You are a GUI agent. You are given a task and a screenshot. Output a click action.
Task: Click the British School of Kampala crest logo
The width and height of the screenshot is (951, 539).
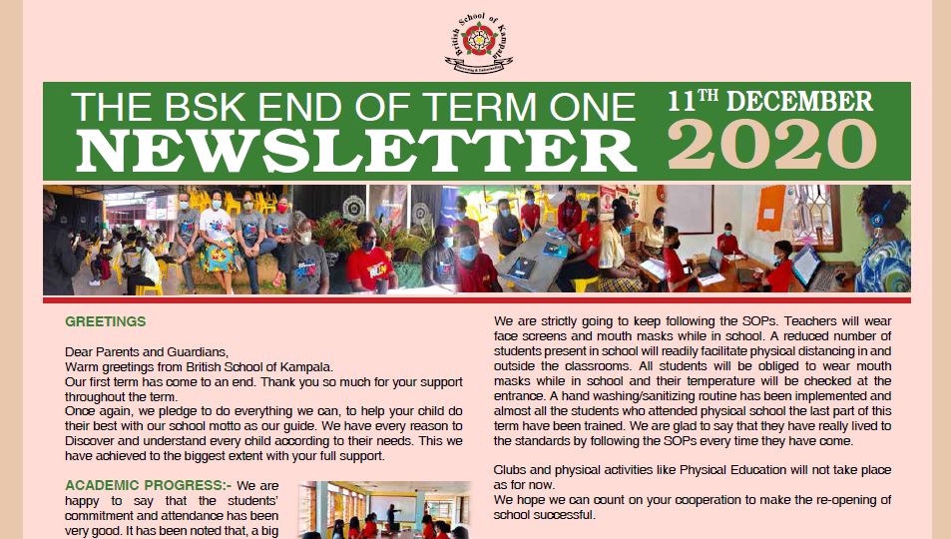[479, 43]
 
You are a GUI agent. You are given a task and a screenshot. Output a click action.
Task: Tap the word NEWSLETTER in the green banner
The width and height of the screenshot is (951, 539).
[355, 151]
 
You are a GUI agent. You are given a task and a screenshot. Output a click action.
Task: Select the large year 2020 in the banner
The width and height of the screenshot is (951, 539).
[771, 144]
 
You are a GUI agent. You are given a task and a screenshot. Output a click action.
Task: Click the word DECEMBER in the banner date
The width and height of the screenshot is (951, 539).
[799, 101]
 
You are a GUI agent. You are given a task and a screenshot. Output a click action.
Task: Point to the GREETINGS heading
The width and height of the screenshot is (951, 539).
[106, 321]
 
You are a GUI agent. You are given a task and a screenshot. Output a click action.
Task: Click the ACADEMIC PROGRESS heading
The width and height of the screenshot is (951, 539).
[145, 485]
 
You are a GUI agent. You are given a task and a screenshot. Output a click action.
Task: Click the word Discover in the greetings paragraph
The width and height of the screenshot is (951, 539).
[89, 441]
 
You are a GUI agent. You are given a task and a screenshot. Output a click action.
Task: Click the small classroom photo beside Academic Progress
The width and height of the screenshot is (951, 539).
[384, 510]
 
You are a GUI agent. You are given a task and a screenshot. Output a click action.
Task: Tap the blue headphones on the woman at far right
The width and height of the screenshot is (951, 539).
[877, 215]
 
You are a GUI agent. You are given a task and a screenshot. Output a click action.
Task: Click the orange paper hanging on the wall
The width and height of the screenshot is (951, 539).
[770, 209]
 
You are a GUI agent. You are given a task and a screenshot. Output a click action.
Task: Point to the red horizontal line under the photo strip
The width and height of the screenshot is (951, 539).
[477, 299]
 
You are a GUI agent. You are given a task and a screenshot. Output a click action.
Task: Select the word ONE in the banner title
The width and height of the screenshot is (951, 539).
[592, 108]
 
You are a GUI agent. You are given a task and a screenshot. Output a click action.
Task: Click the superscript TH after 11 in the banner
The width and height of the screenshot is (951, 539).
[708, 96]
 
